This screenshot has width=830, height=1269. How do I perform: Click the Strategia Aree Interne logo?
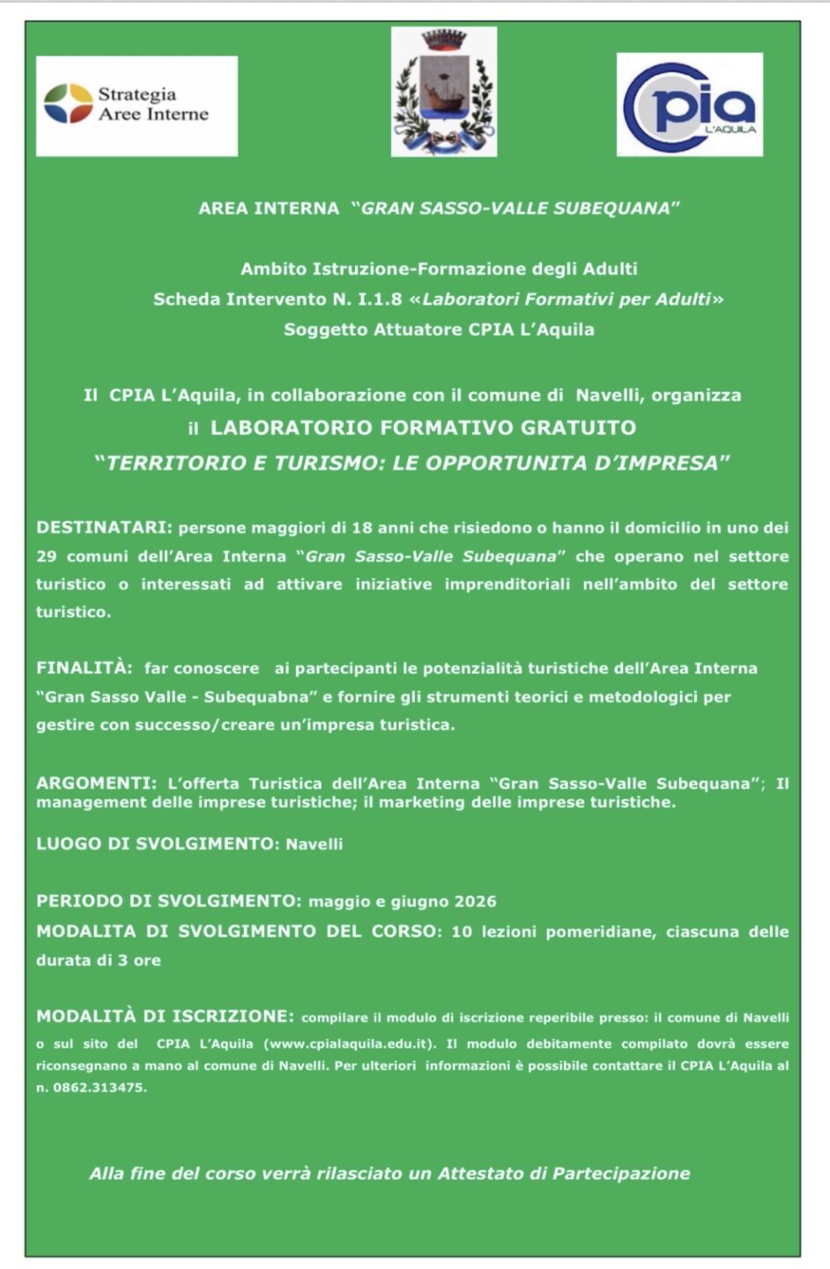click(x=137, y=105)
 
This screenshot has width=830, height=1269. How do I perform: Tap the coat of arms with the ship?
click(x=444, y=92)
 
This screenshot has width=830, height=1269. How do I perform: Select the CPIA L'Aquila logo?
click(x=690, y=105)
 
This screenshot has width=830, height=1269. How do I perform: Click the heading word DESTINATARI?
click(x=104, y=527)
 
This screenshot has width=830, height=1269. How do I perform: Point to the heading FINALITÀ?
click(x=85, y=668)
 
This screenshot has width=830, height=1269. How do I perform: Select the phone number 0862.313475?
click(x=99, y=1087)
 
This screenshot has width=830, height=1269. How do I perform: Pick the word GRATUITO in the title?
click(x=578, y=428)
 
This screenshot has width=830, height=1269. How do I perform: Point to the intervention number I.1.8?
click(x=379, y=300)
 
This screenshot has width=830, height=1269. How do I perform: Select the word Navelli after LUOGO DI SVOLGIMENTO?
click(x=314, y=844)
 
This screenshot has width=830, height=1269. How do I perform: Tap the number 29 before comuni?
click(x=46, y=556)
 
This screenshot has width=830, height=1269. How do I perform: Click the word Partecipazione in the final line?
click(x=622, y=1173)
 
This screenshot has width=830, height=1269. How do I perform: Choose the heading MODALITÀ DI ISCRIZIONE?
click(x=165, y=1016)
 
